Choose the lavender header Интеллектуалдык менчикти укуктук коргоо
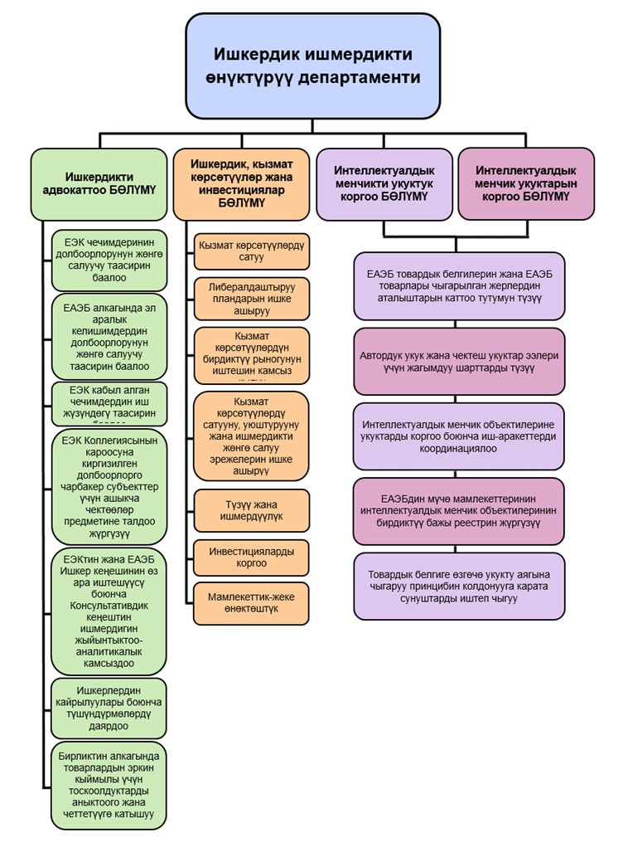point(384,183)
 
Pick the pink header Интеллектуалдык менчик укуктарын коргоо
point(526,183)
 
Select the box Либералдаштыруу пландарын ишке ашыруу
point(251,298)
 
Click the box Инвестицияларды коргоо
point(251,557)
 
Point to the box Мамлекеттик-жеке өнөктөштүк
point(251,603)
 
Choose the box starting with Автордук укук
point(459,361)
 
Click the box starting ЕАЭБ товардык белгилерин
point(459,286)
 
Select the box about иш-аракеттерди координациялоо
point(459,436)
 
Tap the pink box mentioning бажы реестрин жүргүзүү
point(459,511)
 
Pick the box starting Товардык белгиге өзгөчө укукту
point(459,586)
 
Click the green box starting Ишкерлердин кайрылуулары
point(109,708)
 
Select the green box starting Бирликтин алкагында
point(109,785)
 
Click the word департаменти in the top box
point(365,77)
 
